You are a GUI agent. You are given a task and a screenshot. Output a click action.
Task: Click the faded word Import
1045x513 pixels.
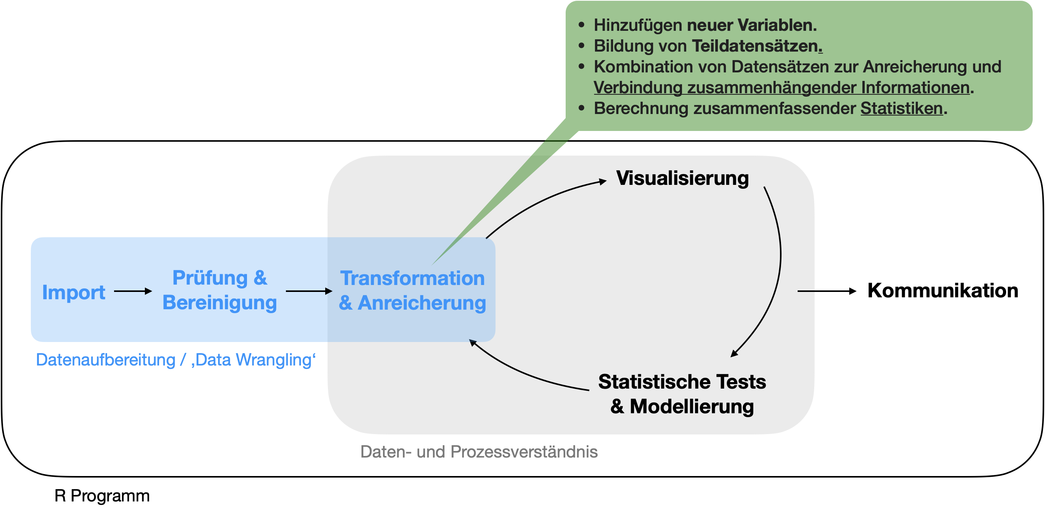tap(74, 292)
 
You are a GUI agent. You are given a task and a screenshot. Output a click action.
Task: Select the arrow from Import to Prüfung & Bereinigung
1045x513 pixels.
tap(133, 291)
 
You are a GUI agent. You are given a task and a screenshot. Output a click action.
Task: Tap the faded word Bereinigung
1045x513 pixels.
tap(220, 303)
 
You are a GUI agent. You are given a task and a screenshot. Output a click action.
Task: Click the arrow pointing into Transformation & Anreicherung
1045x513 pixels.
tap(308, 291)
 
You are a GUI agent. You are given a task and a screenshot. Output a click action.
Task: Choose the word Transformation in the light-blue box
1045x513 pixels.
tap(412, 278)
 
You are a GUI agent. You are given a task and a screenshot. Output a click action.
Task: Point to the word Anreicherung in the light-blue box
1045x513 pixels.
tap(422, 303)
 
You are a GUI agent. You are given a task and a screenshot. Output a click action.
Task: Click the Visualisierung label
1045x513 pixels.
tap(682, 178)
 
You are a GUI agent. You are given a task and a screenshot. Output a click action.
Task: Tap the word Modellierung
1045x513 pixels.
tap(692, 406)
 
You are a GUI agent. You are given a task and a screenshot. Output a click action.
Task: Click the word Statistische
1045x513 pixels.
tap(654, 382)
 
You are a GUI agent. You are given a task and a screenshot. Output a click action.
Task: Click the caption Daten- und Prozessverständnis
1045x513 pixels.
tap(479, 452)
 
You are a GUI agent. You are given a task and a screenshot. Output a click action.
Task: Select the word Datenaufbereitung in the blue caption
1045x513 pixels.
tap(106, 360)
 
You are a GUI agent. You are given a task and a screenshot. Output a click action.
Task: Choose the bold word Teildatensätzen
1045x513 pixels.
tap(754, 46)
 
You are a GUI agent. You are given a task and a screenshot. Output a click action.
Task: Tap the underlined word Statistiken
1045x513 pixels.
tap(901, 108)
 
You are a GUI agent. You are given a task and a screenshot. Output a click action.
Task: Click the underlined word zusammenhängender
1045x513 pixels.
tap(771, 87)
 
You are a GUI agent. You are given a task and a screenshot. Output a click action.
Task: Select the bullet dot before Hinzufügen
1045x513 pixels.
tap(581, 25)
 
